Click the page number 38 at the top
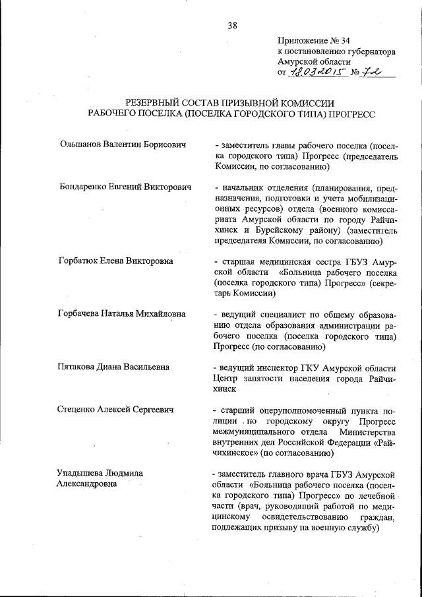232,26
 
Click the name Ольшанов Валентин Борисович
121,144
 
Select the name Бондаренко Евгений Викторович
125,187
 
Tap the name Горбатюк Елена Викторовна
115,261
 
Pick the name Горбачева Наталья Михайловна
122,313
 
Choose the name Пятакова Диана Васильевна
113,367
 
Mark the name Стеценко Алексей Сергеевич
115,410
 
